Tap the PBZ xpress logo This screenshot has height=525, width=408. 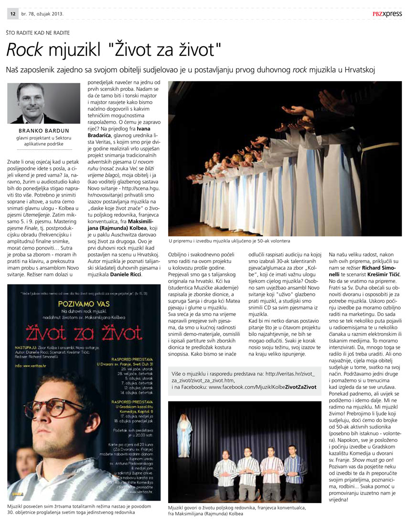point(387,14)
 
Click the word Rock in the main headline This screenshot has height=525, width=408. point(24,49)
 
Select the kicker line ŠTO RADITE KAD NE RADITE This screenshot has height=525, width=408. point(38,32)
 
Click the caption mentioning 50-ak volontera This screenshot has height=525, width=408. point(229,241)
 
